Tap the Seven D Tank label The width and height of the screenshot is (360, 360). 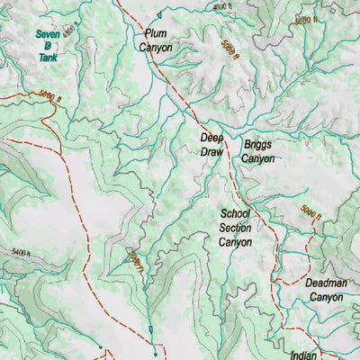click(48, 45)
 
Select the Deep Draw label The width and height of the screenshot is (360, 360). click(211, 145)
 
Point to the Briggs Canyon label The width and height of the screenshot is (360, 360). click(257, 151)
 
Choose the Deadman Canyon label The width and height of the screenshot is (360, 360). click(324, 289)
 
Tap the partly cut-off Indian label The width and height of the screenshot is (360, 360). click(304, 355)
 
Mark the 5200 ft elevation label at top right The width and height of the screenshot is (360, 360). click(306, 19)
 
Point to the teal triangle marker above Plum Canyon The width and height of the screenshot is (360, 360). click(157, 15)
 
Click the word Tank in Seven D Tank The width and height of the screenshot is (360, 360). click(48, 56)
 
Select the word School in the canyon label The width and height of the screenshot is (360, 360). click(236, 214)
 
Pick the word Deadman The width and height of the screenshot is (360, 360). click(324, 283)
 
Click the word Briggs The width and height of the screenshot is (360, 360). click(257, 144)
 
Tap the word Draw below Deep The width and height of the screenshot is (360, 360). click(211, 152)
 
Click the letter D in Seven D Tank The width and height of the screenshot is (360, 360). click(48, 45)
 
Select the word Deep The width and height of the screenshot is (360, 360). click(211, 139)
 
